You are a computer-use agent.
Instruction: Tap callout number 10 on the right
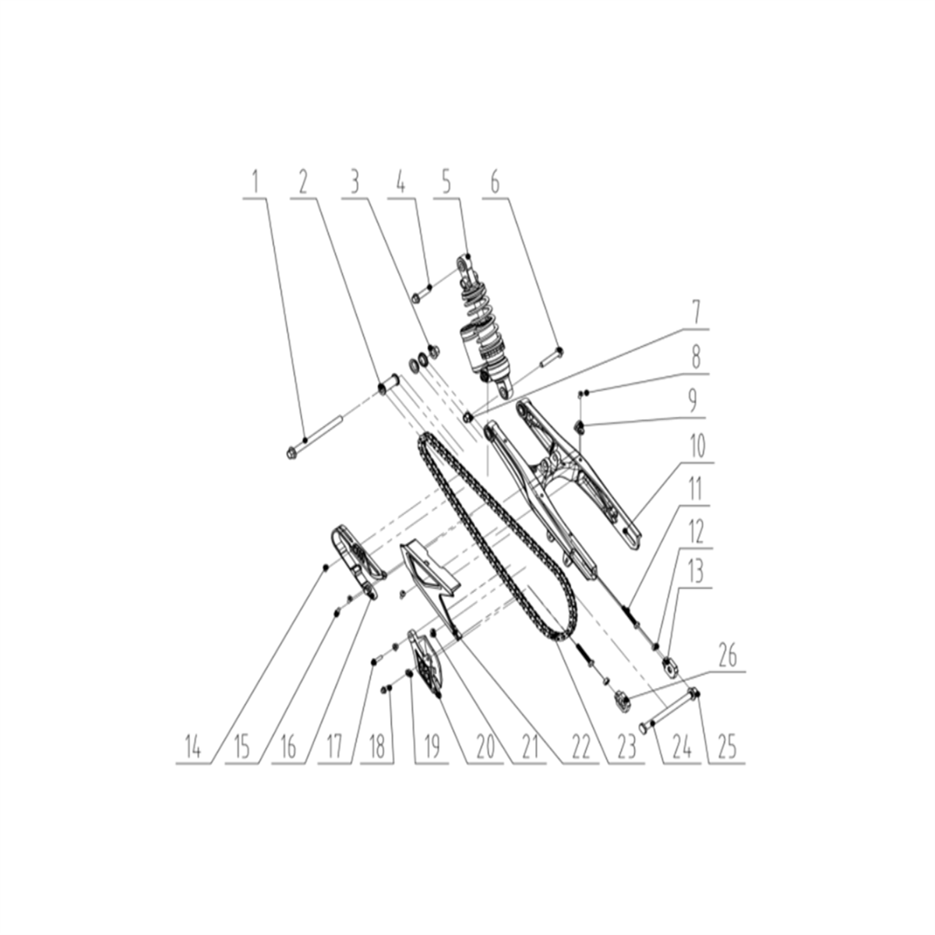tap(696, 446)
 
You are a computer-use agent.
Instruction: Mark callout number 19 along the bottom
tap(432, 748)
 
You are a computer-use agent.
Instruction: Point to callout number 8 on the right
tap(696, 358)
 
